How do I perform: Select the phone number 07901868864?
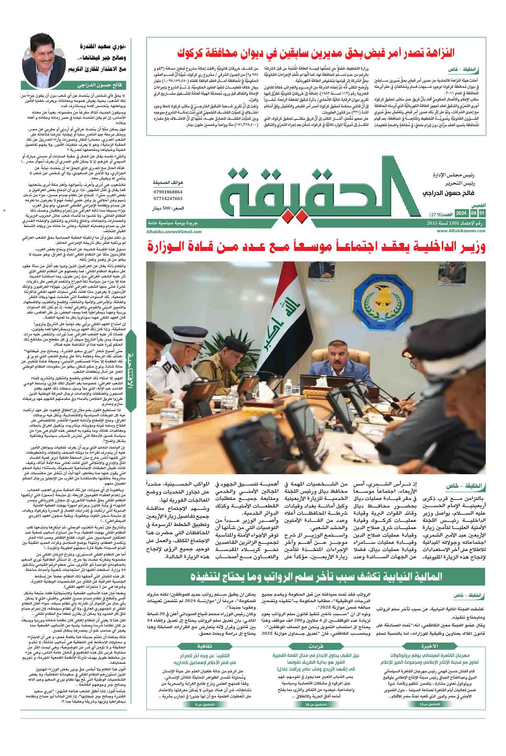tap(168, 192)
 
